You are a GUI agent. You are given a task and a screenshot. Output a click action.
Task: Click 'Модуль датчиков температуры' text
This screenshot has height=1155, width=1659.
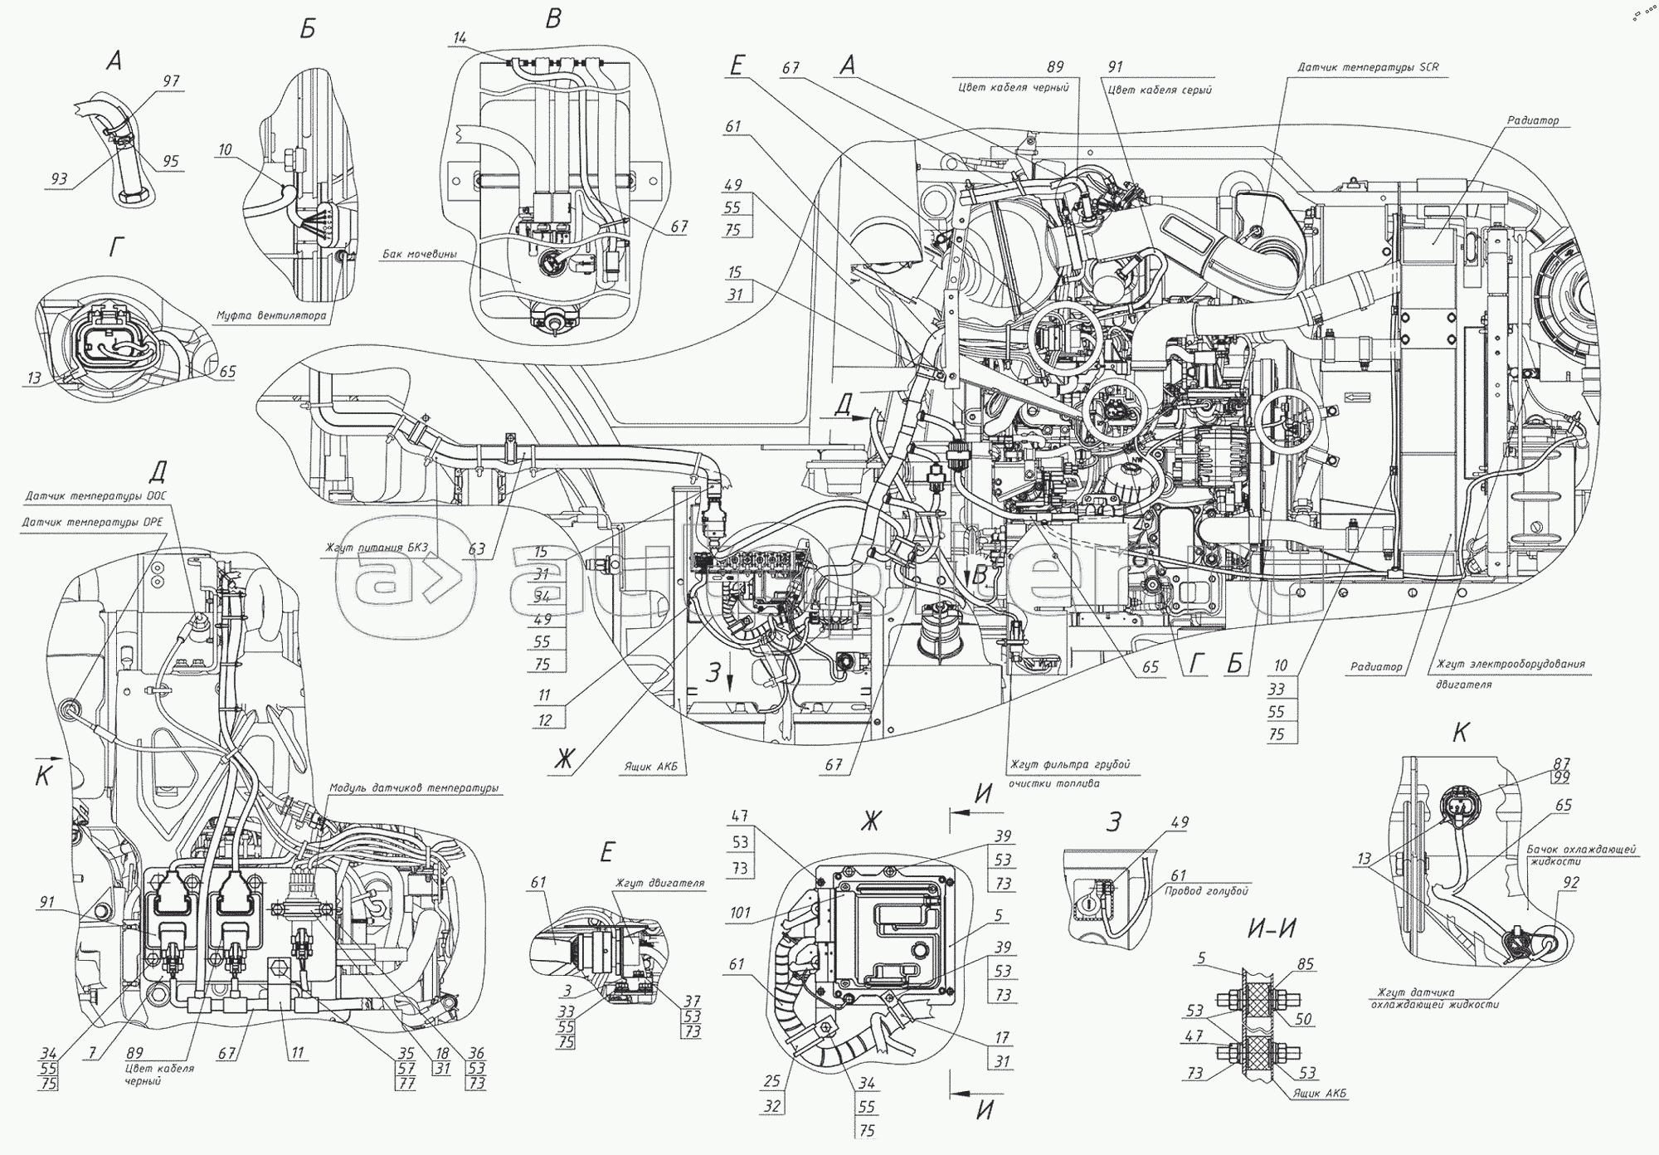[x=413, y=788]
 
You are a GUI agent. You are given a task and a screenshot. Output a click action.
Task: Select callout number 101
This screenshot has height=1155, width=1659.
[x=741, y=913]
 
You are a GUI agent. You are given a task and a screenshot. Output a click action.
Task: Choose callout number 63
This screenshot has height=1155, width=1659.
[x=477, y=548]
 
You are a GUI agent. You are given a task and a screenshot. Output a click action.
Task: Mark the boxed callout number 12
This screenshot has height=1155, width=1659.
[x=544, y=720]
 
